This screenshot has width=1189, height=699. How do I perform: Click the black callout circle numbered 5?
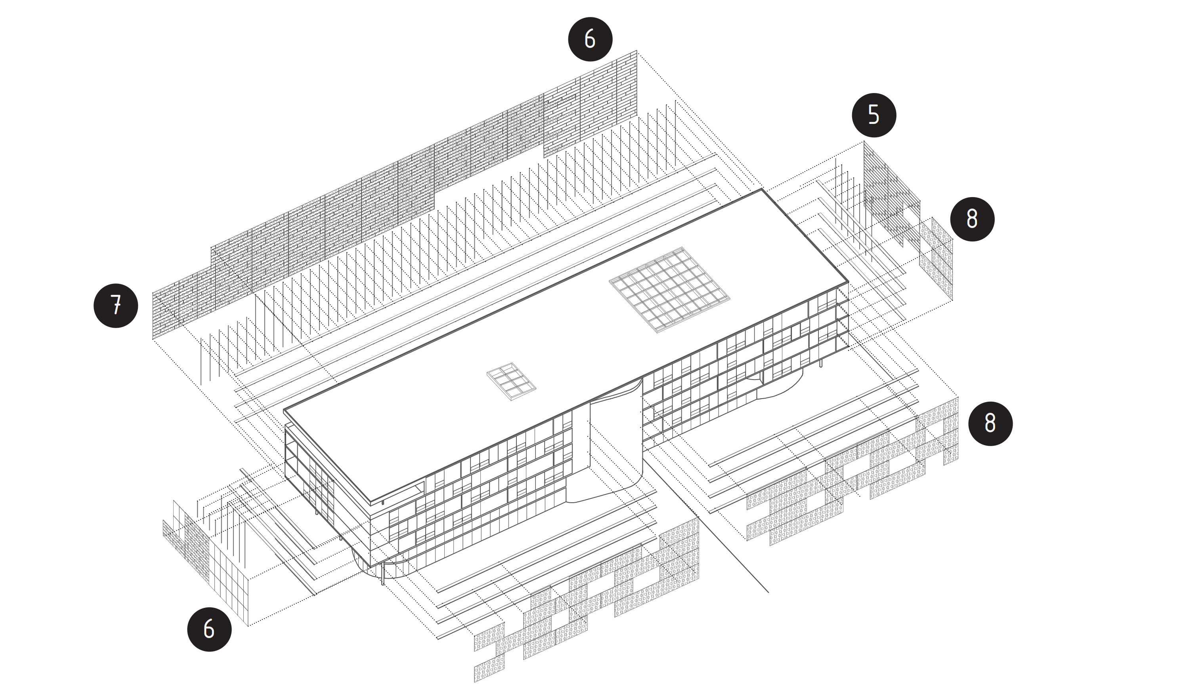874,116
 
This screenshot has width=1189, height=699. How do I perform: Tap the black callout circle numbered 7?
116,306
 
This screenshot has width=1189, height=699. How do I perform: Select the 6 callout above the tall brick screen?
590,39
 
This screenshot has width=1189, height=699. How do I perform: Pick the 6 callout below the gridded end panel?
209,629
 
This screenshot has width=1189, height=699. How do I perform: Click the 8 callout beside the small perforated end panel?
972,219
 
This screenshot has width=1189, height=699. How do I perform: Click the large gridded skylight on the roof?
669,289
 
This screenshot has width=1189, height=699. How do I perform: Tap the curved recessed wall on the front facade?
614,448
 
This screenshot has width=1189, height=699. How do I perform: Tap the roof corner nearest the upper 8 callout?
848,282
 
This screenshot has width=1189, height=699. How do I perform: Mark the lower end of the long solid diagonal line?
768,592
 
